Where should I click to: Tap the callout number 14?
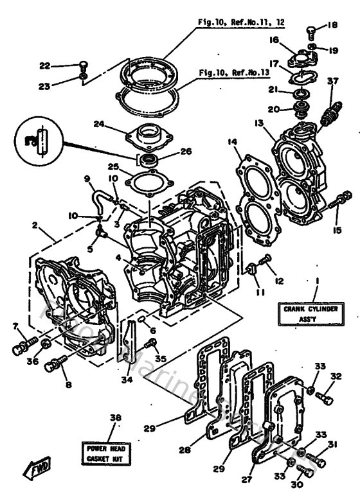click(x=232, y=141)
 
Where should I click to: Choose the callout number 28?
click(x=185, y=450)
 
